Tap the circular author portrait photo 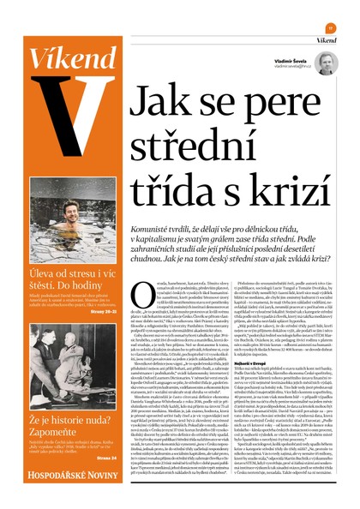click(325, 63)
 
